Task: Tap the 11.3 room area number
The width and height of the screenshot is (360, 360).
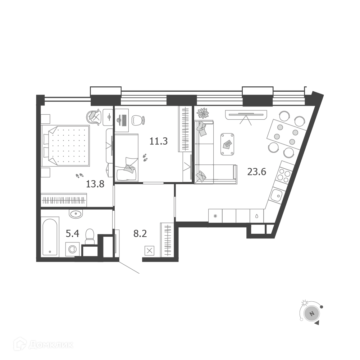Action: click(x=158, y=141)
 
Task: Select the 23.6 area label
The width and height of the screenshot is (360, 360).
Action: click(x=257, y=172)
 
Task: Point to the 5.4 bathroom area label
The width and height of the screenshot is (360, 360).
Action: click(x=73, y=234)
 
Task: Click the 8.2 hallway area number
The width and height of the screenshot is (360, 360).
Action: click(x=140, y=234)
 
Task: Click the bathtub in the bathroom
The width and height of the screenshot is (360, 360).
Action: click(x=50, y=237)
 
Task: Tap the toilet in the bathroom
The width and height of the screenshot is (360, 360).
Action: click(x=90, y=237)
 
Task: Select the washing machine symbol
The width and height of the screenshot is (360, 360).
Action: click(x=73, y=249)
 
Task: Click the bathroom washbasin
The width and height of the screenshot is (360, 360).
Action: click(x=76, y=214)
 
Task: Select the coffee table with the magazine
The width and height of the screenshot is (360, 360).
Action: click(x=227, y=144)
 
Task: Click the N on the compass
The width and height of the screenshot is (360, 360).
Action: click(x=311, y=314)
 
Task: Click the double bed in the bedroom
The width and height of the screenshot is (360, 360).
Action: click(x=65, y=146)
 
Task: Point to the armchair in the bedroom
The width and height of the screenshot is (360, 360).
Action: click(x=94, y=116)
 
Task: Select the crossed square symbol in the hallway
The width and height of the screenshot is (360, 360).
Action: click(x=150, y=250)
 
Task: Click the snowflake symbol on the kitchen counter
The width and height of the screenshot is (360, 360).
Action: click(x=215, y=216)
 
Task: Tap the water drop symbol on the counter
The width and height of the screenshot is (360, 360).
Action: click(x=257, y=216)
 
